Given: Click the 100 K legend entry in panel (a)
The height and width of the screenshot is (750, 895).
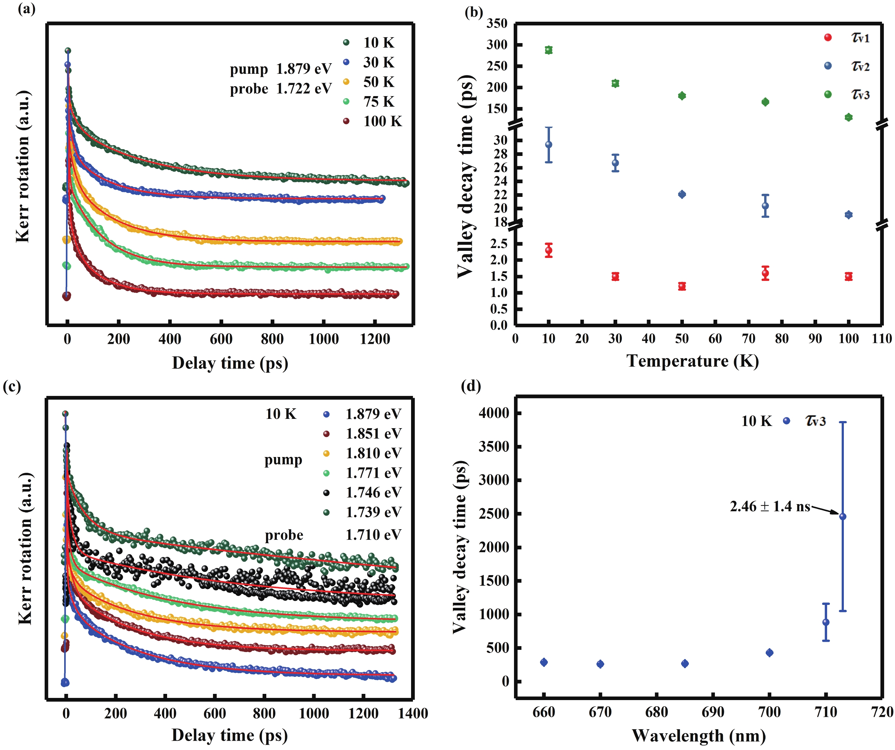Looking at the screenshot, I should (382, 122).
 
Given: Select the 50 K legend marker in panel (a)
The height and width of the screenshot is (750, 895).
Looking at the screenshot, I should (346, 82).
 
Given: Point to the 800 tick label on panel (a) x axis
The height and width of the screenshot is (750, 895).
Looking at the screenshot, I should (272, 339).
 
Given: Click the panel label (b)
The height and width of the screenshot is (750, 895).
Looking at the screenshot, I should (473, 12).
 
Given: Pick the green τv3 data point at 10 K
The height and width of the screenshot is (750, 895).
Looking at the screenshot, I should (548, 50).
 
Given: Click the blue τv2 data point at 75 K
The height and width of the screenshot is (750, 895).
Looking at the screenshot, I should (765, 206).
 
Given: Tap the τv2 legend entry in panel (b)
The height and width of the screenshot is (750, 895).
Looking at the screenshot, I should (860, 66).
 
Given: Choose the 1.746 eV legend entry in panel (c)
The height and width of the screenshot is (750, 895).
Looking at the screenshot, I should (373, 493).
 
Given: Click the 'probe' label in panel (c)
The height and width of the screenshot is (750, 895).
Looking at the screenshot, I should (284, 535).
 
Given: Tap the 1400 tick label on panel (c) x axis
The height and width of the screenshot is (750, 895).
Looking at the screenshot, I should (413, 713).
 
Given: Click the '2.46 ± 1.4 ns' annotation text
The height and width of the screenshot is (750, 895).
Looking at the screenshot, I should (770, 506).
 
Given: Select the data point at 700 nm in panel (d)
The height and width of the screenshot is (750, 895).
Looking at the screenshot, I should (769, 653).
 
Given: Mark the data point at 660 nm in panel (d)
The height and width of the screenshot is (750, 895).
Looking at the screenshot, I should (544, 662).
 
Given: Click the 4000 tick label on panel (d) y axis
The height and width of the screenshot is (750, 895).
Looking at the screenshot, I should (494, 413).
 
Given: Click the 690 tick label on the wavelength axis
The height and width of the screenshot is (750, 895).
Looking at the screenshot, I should (713, 712).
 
